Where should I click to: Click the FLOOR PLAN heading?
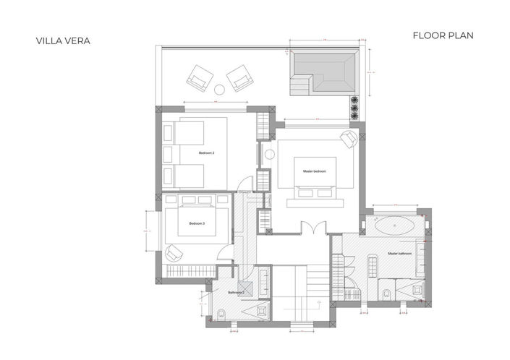point(443,35)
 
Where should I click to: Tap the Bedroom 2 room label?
point(207,154)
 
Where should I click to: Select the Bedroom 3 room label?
point(197,224)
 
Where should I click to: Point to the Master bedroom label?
point(314,171)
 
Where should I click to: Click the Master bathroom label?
point(399,254)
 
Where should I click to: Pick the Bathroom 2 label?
point(236,292)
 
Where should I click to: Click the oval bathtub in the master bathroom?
point(396,225)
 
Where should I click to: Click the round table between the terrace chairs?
point(220,90)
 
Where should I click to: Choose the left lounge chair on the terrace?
point(199,77)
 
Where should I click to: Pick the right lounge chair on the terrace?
point(239,77)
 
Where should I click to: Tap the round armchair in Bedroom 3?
point(174,252)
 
